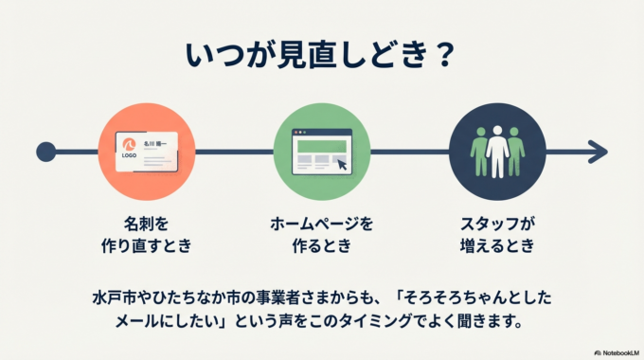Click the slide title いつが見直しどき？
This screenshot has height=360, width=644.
[321, 54]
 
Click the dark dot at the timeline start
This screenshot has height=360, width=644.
[45, 151]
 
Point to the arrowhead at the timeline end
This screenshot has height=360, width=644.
[597, 151]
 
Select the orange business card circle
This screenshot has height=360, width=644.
[146, 151]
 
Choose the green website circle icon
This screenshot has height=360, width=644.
[321, 151]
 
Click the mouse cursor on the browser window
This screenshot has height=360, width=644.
[342, 166]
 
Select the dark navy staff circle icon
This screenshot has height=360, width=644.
[497, 151]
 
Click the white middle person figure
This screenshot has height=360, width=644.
[497, 152]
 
